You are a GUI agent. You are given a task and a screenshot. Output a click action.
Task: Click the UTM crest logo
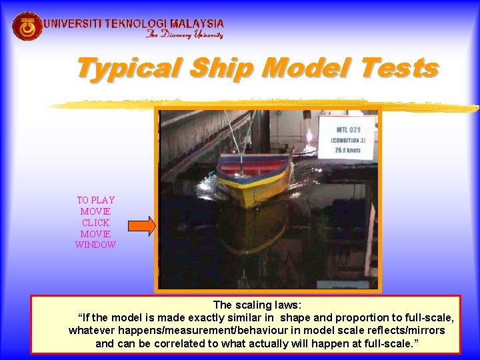click(27, 27)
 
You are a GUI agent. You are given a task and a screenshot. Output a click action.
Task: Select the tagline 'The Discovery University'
click(184, 35)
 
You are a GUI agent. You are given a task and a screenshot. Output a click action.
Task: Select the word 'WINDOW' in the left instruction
click(95, 245)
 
